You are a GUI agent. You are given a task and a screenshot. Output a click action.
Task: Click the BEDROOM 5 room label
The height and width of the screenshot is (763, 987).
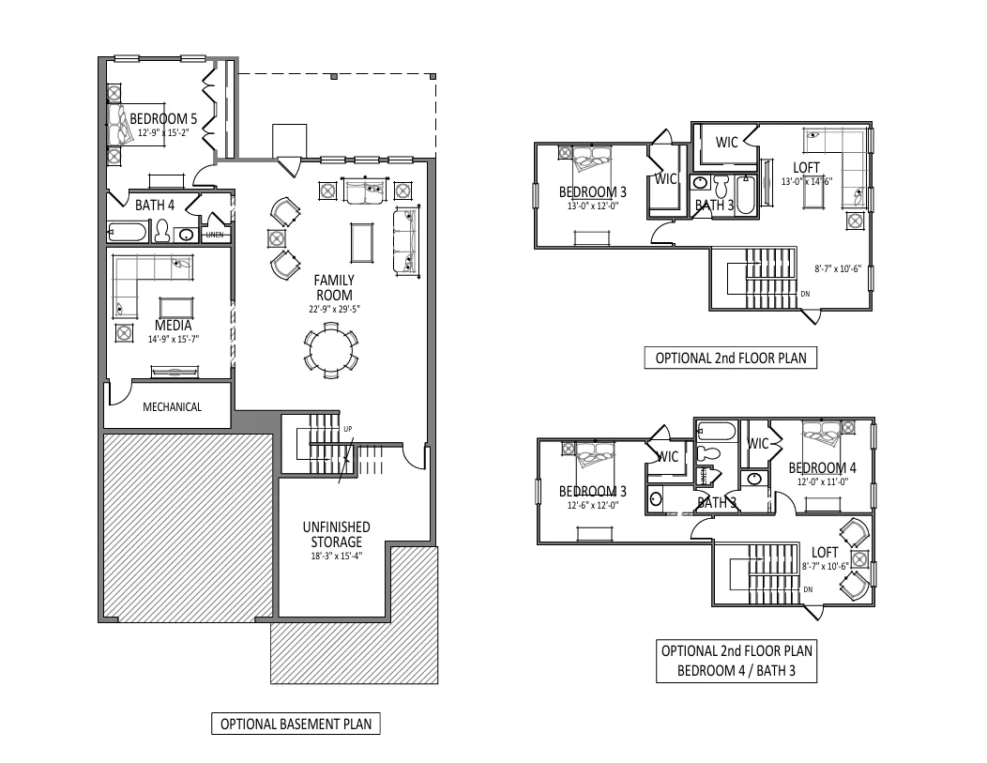(x=162, y=119)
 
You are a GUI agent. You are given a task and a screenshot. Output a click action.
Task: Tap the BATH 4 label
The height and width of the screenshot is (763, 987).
(x=155, y=205)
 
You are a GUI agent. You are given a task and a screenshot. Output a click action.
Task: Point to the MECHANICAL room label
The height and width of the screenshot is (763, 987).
(x=172, y=407)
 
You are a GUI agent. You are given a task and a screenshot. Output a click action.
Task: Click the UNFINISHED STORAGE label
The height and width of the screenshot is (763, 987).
(x=335, y=534)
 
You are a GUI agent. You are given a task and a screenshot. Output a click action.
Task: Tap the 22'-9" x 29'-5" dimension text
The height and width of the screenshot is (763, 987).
(x=333, y=308)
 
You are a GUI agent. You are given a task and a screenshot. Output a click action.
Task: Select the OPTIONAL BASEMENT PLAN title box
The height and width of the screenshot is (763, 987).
(x=295, y=725)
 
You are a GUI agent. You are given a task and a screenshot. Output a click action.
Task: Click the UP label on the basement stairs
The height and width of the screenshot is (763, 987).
(x=348, y=429)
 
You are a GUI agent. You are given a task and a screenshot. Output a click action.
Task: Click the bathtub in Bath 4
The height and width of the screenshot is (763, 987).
(x=127, y=232)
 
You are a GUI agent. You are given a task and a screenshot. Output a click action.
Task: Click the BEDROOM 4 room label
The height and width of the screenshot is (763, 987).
(x=822, y=468)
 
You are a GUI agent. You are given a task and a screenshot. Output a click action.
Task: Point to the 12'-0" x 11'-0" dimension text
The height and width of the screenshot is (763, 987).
(x=823, y=481)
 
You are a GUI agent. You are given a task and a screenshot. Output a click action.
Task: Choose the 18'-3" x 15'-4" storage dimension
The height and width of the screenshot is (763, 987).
(x=335, y=556)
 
